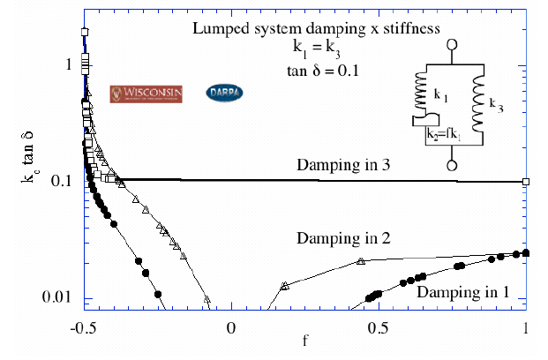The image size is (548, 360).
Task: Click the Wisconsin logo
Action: click(146, 93)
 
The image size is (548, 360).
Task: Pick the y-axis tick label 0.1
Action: click(64, 181)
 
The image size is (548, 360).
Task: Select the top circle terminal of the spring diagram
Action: click(453, 44)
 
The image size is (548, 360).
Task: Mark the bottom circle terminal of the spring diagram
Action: click(453, 165)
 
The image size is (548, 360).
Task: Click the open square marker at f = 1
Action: click(526, 182)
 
